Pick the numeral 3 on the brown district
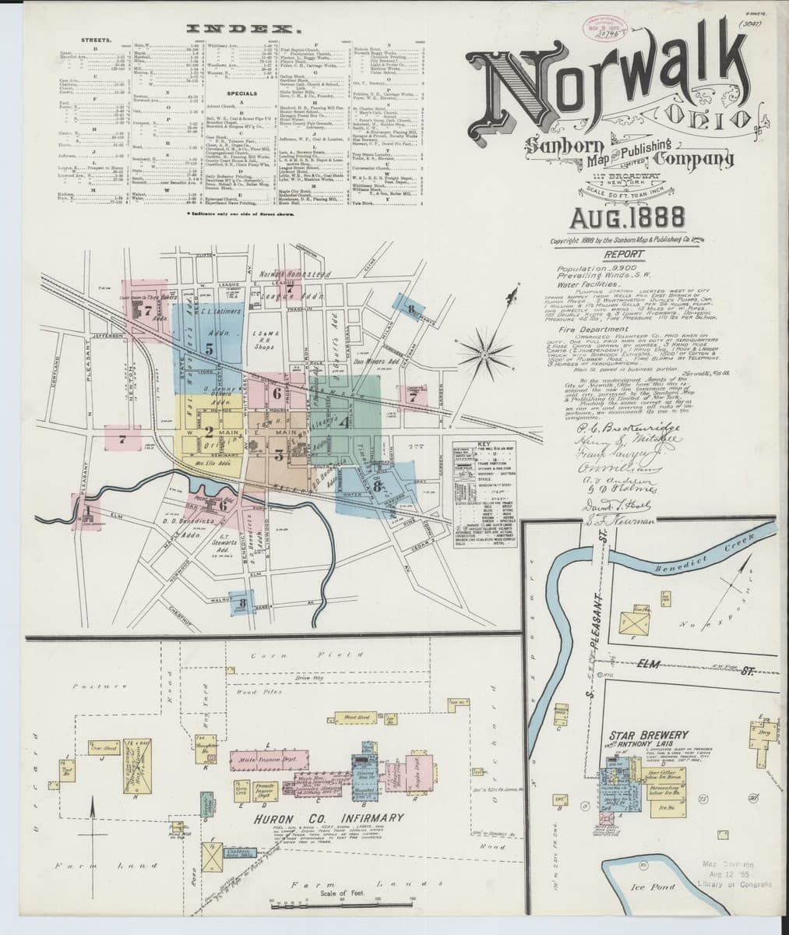[278, 457]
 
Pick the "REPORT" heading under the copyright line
[611, 253]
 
